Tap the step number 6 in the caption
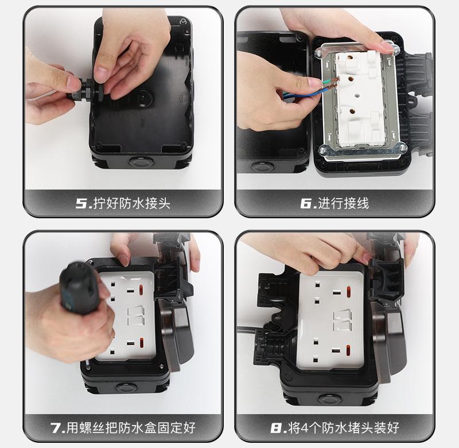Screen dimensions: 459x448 (x=306, y=203)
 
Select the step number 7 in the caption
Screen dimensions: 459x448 (x=56, y=428)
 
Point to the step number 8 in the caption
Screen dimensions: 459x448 (x=276, y=428)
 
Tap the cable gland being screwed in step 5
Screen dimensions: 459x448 (x=85, y=89)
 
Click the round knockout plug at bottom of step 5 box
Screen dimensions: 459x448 (x=141, y=161)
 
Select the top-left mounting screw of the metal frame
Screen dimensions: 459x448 (x=318, y=53)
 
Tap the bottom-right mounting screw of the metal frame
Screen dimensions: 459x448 (x=402, y=148)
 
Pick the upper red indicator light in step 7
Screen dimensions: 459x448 (x=141, y=290)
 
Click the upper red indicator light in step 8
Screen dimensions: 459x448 (x=349, y=292)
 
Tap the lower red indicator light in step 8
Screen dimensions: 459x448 (x=349, y=350)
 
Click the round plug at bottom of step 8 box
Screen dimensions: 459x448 (x=330, y=399)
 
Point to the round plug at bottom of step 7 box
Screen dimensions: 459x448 (x=126, y=387)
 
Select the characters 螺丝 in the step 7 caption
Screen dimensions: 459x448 (x=92, y=428)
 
